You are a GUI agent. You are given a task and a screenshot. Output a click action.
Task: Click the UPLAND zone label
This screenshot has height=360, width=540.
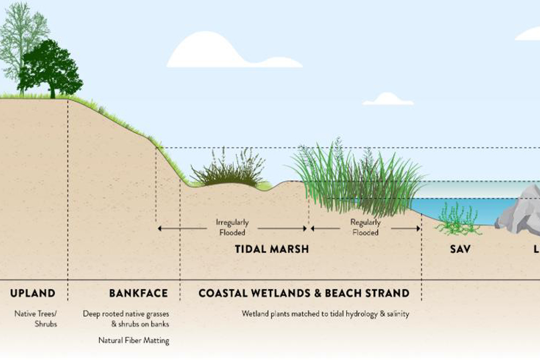33,294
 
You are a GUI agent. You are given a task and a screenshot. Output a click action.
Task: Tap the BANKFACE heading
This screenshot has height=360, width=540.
138,294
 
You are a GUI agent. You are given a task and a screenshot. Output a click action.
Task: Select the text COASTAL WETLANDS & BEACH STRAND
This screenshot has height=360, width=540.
303,294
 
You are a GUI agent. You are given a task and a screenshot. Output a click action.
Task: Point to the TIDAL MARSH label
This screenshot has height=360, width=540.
272,249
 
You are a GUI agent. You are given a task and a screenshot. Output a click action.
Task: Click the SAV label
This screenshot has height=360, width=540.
460,249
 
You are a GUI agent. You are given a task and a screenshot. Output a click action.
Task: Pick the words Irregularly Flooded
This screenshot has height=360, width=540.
232,227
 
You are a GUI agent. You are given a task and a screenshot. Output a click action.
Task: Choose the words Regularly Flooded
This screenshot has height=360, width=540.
366,227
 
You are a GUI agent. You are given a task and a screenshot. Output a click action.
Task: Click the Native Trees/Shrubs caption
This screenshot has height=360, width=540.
35,318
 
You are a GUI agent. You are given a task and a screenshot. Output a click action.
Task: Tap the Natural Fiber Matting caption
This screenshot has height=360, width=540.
133,341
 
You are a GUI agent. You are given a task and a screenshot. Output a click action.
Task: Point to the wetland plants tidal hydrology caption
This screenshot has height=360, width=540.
325,313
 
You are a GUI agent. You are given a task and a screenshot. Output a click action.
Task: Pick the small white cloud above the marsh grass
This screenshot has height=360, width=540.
387,99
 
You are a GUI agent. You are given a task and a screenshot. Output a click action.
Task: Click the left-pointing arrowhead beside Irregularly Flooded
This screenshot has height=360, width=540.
160,228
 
